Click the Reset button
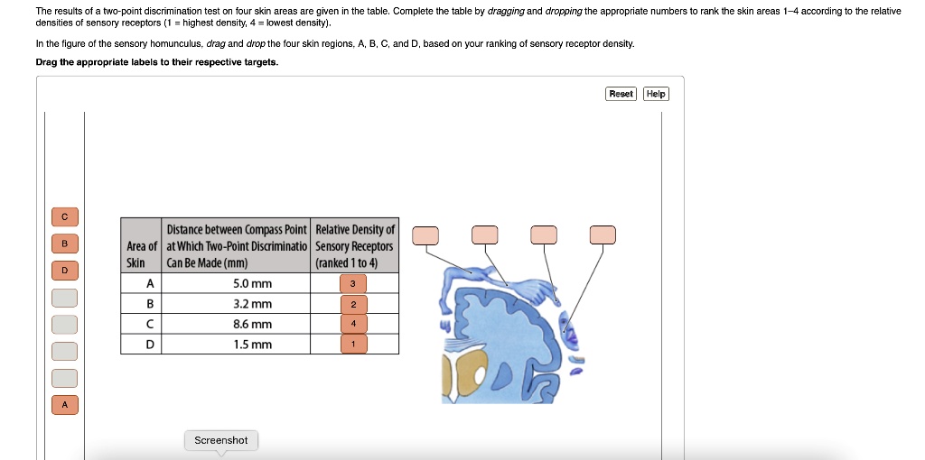[621, 94]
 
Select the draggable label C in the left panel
[65, 216]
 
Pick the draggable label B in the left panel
[65, 244]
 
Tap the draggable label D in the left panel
[65, 271]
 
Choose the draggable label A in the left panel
[65, 405]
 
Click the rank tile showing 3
[353, 284]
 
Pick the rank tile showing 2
[353, 305]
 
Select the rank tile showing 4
[353, 324]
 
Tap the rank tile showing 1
[353, 344]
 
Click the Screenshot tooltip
[221, 440]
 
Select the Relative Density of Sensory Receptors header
[354, 245]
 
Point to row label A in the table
[150, 283]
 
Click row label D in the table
[150, 344]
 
